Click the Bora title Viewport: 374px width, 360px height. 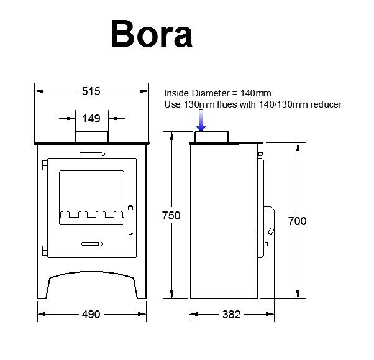[152, 34]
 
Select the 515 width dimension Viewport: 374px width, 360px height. [91, 91]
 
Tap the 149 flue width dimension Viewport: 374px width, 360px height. [91, 119]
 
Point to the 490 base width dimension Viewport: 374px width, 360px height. [91, 315]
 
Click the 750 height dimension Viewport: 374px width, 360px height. [171, 216]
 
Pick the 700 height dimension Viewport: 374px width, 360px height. [297, 221]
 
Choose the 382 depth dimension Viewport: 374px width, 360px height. [231, 315]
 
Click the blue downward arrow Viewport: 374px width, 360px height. [201, 121]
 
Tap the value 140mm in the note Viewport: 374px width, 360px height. [255, 93]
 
